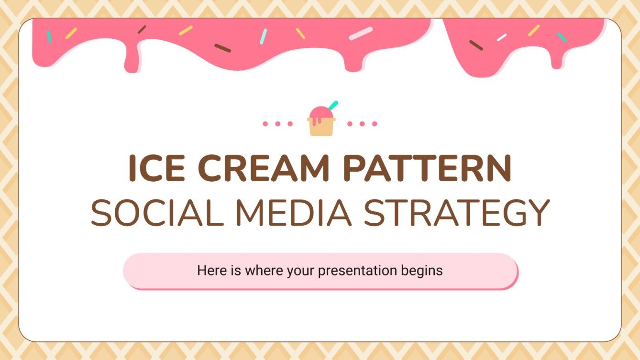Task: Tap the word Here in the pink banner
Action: (210, 271)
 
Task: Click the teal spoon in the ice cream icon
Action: (333, 105)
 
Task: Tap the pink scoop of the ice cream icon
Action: (318, 114)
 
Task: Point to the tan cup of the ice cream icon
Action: (320, 128)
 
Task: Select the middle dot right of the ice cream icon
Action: (362, 124)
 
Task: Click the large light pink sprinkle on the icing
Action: (360, 33)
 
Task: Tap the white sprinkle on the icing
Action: (502, 37)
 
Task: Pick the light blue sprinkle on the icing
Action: (263, 36)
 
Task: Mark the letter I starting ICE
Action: (132, 168)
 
